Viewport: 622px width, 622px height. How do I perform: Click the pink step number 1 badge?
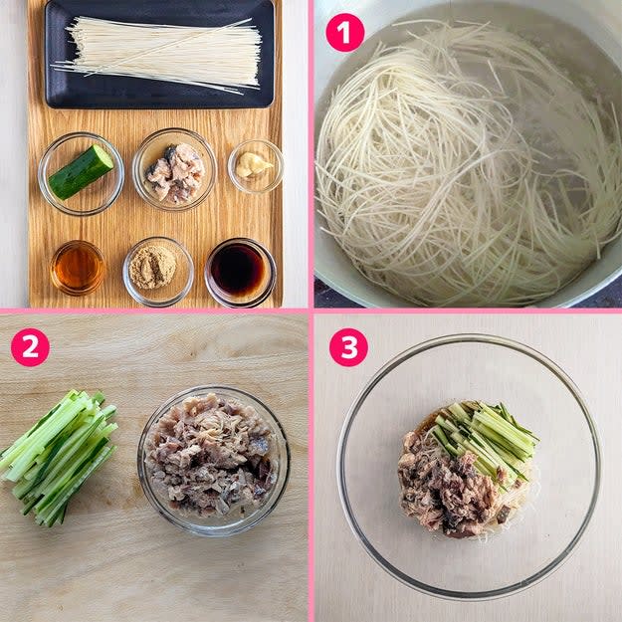[344, 33]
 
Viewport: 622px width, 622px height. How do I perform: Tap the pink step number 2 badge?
[30, 347]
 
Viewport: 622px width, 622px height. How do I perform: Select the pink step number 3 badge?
[348, 347]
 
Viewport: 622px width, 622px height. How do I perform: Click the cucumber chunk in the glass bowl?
[81, 172]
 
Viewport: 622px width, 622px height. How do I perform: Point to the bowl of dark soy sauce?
[241, 272]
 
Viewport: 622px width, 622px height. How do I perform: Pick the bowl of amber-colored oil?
[78, 268]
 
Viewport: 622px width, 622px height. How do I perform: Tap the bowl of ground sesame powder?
[158, 272]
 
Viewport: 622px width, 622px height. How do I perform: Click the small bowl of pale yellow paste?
[256, 166]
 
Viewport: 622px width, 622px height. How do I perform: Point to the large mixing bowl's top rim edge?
[468, 336]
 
